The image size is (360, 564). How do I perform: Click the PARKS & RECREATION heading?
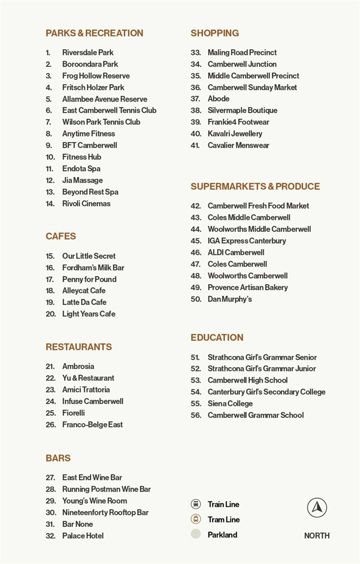(94, 33)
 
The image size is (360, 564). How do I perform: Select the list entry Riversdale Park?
(87, 52)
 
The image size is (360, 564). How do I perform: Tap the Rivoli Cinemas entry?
(86, 204)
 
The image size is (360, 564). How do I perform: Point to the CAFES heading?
(61, 236)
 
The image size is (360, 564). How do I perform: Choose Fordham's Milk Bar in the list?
(93, 268)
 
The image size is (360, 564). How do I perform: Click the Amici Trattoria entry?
(86, 390)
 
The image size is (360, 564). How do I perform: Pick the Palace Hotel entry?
(83, 536)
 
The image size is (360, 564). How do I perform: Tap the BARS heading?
(58, 458)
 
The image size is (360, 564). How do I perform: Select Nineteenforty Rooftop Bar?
(105, 513)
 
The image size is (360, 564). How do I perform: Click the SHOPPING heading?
(214, 33)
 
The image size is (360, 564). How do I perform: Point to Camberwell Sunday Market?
(252, 87)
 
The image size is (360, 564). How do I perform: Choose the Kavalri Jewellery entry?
(235, 134)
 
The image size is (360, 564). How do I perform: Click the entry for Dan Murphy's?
(229, 299)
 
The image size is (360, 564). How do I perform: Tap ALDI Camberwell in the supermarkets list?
(236, 253)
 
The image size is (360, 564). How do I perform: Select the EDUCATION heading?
(217, 338)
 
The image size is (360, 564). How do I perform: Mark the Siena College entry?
(230, 404)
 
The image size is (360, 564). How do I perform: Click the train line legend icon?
(196, 504)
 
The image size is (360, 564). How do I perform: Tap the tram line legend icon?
(196, 519)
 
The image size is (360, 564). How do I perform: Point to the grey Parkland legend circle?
(196, 534)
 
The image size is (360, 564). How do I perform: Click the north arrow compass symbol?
(317, 507)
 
